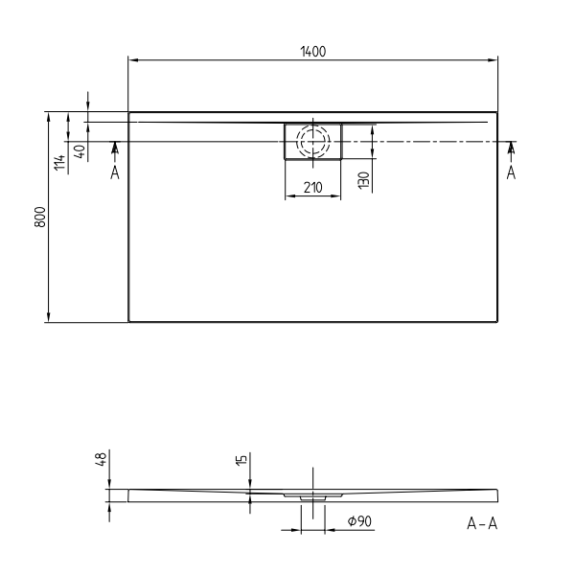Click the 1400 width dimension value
(312, 52)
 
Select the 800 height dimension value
(39, 218)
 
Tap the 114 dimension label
(60, 163)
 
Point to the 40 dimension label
(80, 151)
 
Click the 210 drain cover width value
(312, 188)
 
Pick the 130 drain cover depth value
(363, 180)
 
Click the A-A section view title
(481, 522)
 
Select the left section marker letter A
(114, 172)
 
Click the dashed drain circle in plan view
(312, 143)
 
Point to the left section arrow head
(114, 147)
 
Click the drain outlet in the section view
(312, 498)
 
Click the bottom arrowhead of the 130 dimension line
(372, 155)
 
